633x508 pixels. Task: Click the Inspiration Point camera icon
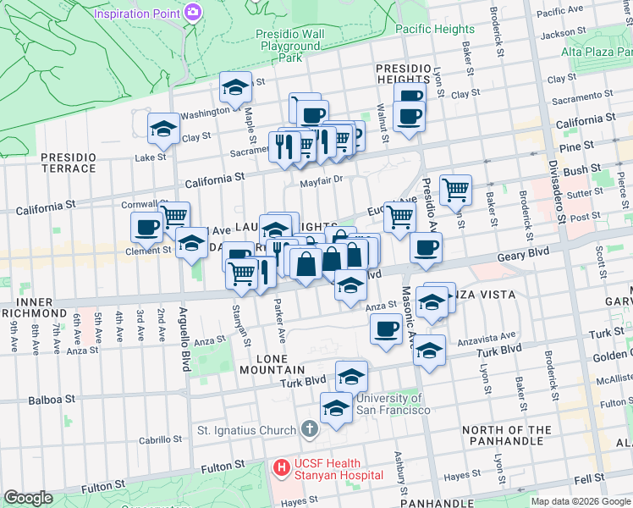pos(194,12)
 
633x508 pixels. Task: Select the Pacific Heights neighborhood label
pos(435,29)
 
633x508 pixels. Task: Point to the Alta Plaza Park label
pos(596,52)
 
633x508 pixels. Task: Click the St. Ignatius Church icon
pos(310,429)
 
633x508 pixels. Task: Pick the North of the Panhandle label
pos(507,436)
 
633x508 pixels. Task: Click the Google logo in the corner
pos(28,498)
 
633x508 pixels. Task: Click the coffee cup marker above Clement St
pos(146,227)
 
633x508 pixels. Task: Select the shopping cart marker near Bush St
pos(455,190)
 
